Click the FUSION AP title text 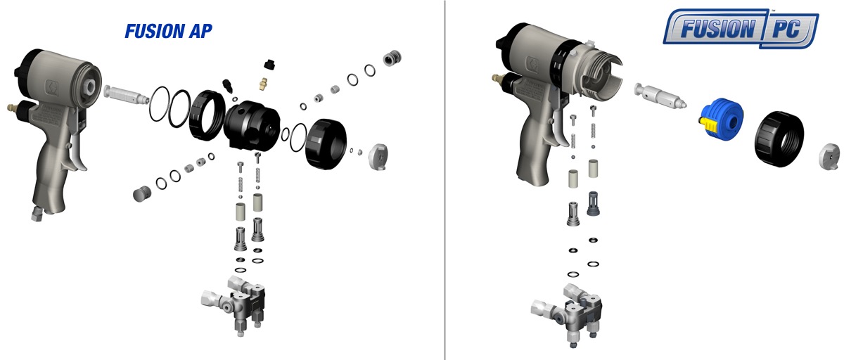(x=168, y=31)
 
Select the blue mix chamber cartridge (x=721, y=119)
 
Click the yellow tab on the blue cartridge (x=707, y=124)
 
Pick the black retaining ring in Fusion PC (x=779, y=139)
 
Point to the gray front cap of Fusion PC (x=829, y=156)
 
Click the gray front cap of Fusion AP (x=378, y=156)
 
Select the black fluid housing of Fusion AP (x=252, y=125)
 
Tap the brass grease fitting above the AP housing (x=263, y=83)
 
